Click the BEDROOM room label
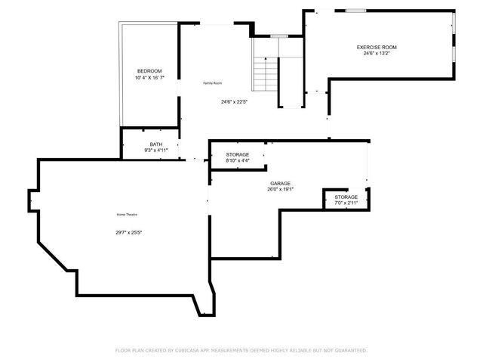[x=149, y=71]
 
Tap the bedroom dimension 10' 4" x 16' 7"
[x=149, y=78]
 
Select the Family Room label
[x=212, y=83]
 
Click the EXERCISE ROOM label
[x=377, y=47]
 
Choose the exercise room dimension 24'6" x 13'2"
[x=377, y=54]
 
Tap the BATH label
[x=155, y=144]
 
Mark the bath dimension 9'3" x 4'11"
[x=155, y=150]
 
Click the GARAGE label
[x=280, y=183]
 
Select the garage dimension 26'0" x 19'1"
[x=280, y=189]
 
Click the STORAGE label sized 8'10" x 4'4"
[x=238, y=154]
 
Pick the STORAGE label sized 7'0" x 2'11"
[x=346, y=197]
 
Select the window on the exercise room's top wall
[x=355, y=11]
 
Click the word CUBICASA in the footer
[x=192, y=350]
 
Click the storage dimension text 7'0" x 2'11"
[x=346, y=203]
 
